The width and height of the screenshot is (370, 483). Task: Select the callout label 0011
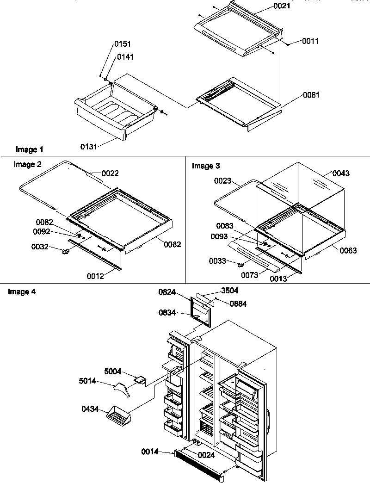point(310,41)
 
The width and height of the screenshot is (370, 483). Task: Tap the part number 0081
point(311,95)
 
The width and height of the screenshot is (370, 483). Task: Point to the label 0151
point(123,44)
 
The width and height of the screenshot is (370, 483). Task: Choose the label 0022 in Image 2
point(111,173)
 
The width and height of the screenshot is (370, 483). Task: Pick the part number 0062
point(173,244)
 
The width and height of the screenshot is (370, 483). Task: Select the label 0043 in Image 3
point(341,173)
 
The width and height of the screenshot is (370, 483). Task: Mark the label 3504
point(230,291)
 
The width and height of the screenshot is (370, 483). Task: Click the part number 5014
point(88,382)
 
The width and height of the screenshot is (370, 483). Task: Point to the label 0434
point(90,409)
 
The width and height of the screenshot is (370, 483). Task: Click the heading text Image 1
point(30,149)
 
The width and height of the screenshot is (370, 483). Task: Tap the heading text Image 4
point(22,291)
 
